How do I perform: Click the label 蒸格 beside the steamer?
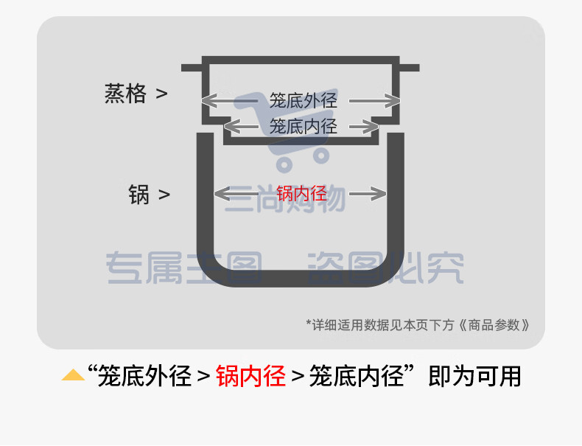(x=125, y=94)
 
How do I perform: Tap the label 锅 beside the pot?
(x=139, y=195)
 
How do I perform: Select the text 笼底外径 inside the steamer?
(x=304, y=101)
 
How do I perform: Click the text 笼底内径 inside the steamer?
(x=304, y=126)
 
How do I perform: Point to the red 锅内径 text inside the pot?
(x=302, y=194)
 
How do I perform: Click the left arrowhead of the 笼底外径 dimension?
(x=209, y=101)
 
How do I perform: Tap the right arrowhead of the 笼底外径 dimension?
(x=393, y=101)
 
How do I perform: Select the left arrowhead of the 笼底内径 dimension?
(x=232, y=127)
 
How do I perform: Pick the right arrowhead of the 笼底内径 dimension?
(x=371, y=127)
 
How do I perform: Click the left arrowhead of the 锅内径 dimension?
(x=222, y=193)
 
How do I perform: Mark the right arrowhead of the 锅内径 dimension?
(x=378, y=193)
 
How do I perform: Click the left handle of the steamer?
(x=192, y=68)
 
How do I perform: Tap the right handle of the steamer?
(x=410, y=68)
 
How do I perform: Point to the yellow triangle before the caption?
(x=73, y=375)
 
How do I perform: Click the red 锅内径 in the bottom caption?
(x=250, y=376)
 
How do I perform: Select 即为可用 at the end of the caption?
(x=474, y=376)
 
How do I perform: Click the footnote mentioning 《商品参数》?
(x=418, y=325)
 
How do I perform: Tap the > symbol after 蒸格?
(x=161, y=94)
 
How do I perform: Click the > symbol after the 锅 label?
(x=164, y=195)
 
